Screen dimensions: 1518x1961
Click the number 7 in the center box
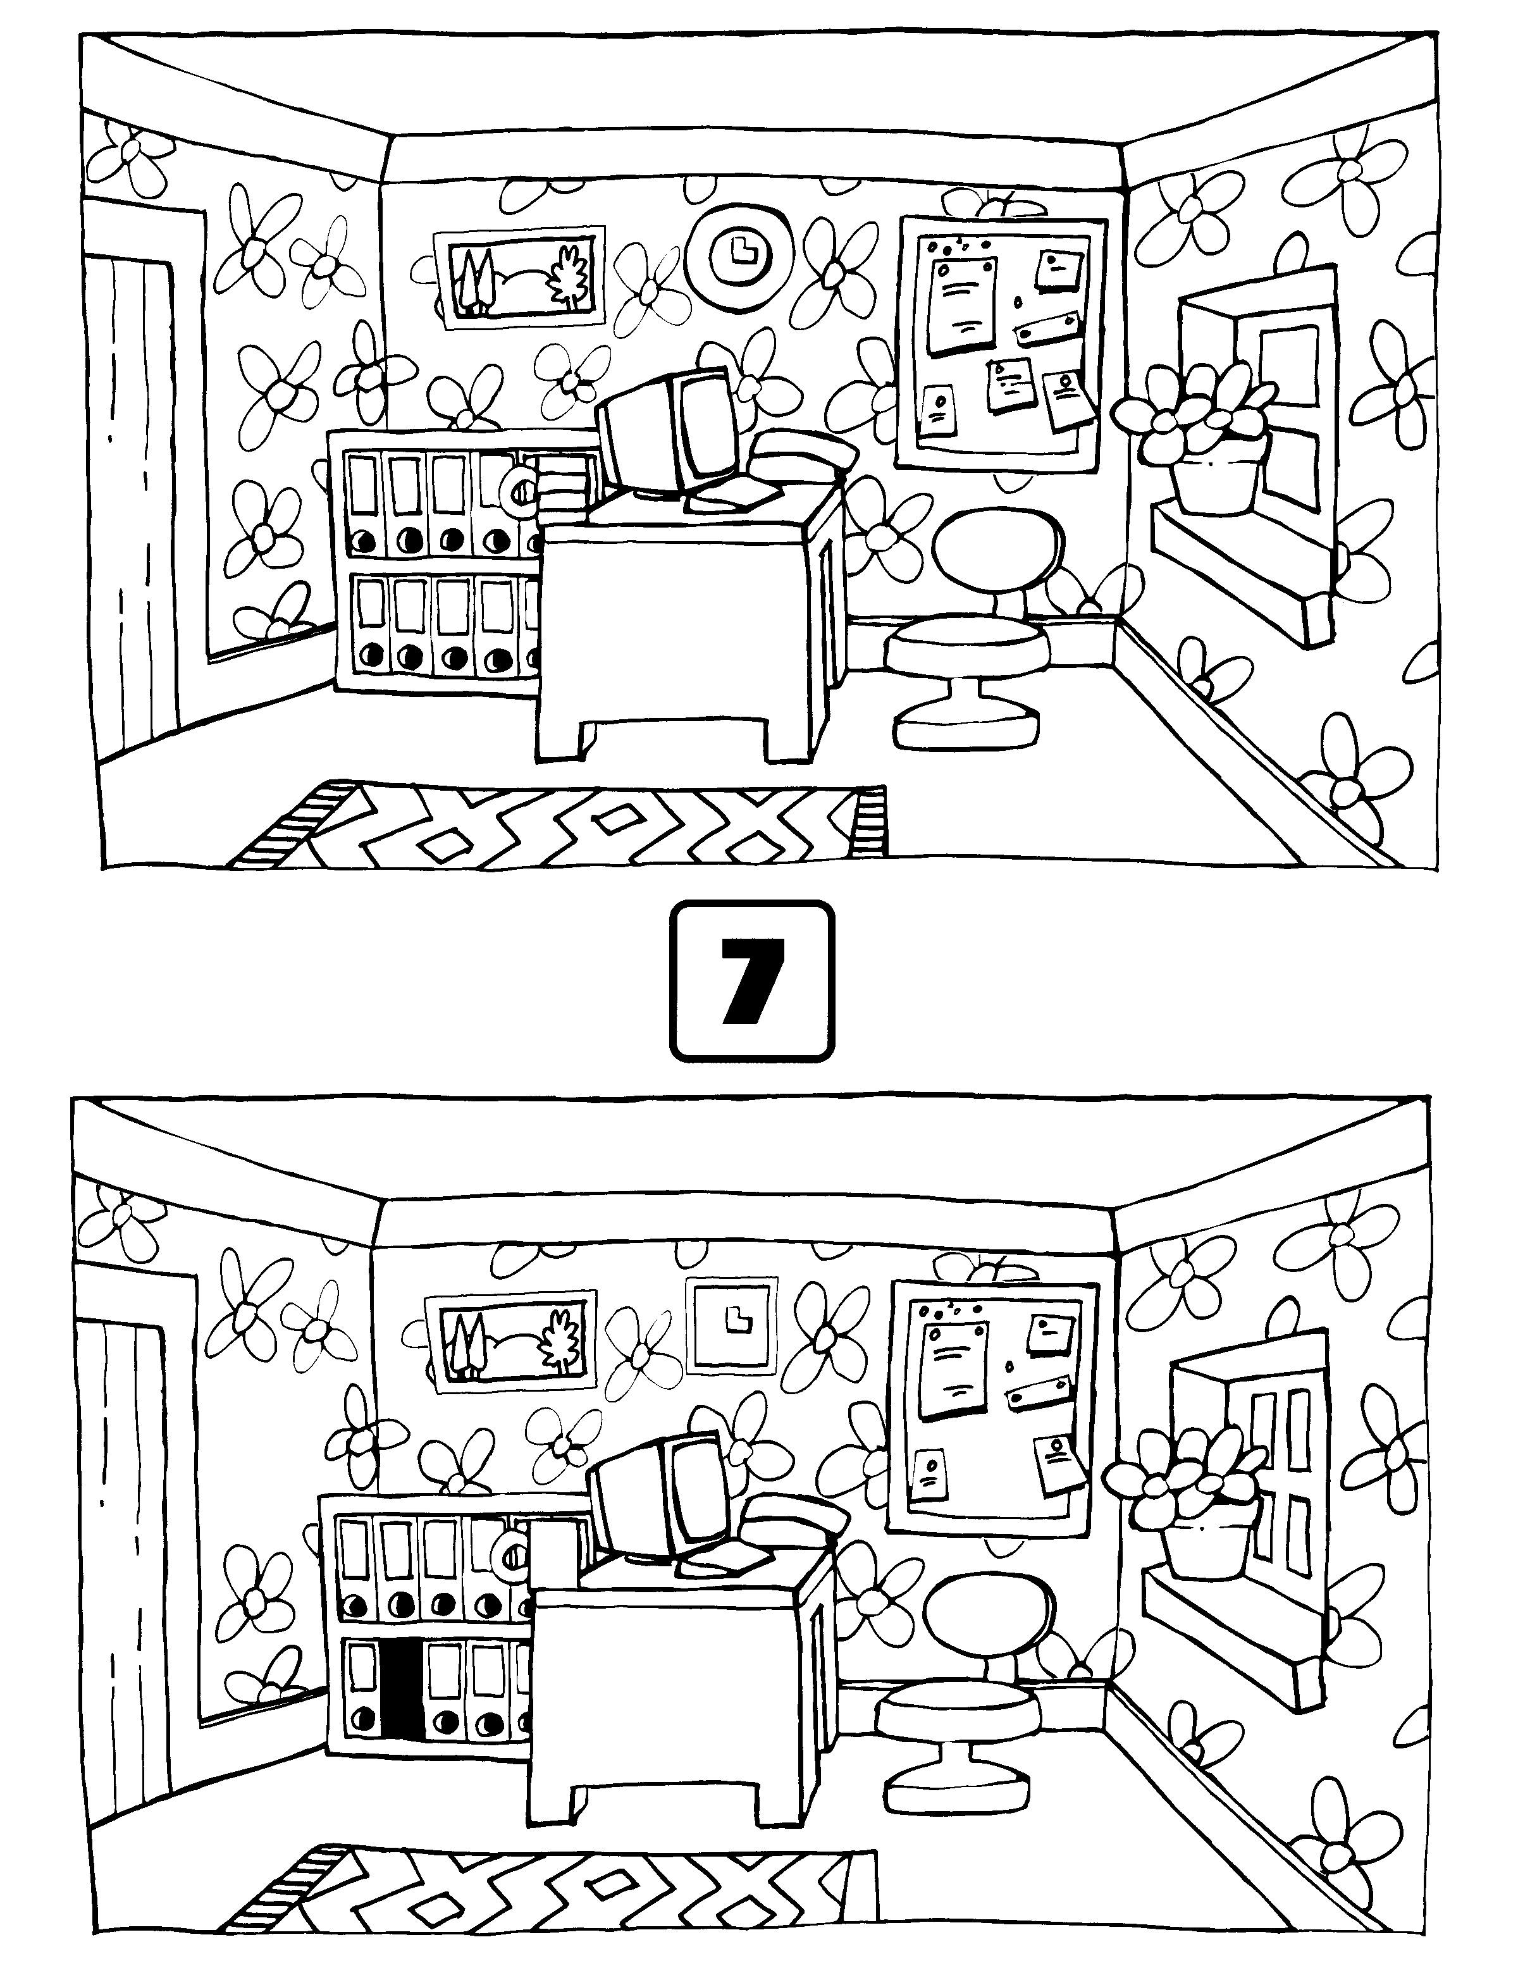pyautogui.click(x=751, y=981)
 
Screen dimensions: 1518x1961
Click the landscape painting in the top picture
pyautogui.click(x=518, y=280)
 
